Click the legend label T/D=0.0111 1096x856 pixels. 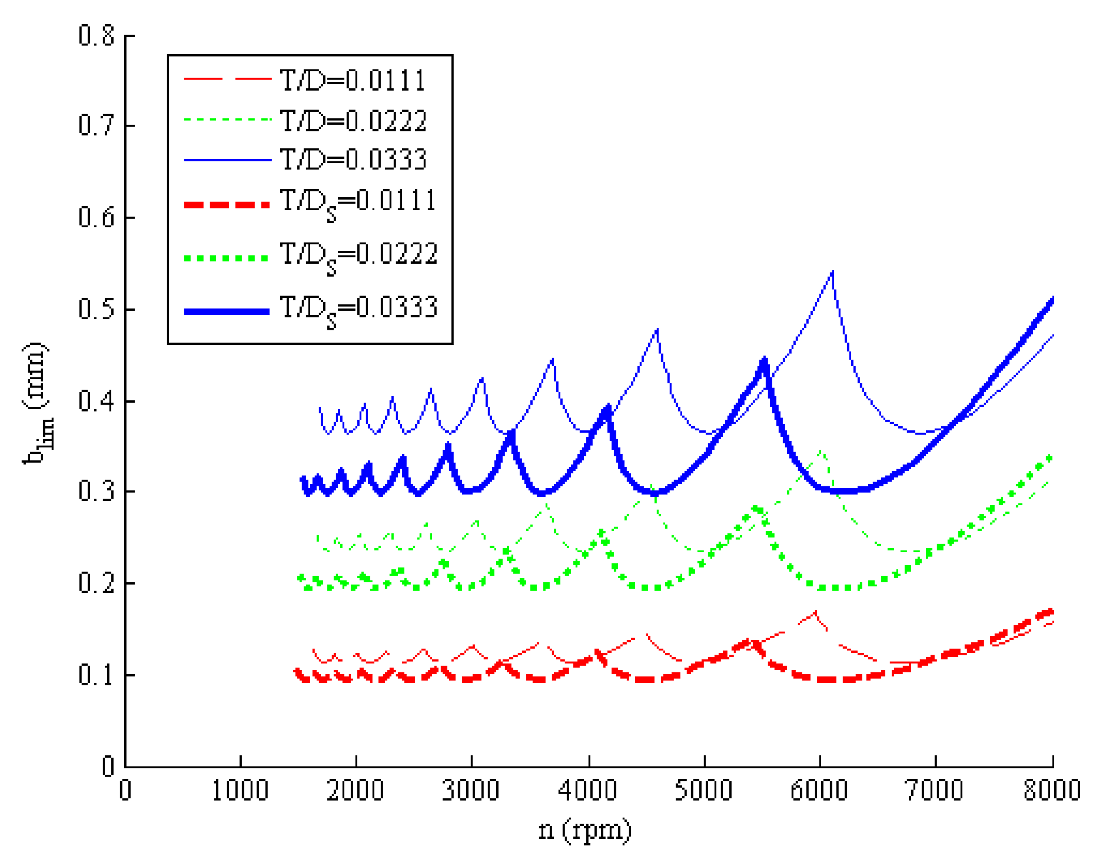coord(353,80)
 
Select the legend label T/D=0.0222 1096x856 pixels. coord(353,121)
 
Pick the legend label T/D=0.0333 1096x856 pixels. coord(353,160)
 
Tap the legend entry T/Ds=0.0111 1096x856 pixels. coord(358,203)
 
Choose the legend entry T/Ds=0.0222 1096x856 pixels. coord(358,256)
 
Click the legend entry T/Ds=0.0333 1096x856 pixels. coord(358,309)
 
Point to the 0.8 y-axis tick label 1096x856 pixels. coord(96,36)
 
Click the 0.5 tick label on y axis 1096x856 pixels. coord(96,309)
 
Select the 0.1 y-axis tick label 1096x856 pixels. coord(96,675)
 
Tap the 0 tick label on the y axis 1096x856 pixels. coord(108,767)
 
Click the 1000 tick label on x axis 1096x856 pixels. coord(240,791)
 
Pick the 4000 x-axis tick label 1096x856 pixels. coord(587,791)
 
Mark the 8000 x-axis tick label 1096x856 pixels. coord(1052,791)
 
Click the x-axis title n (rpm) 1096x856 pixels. coord(584,830)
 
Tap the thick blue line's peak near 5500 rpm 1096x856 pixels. coord(764,359)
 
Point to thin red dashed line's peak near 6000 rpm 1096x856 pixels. coord(815,612)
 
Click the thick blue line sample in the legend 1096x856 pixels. coord(227,311)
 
